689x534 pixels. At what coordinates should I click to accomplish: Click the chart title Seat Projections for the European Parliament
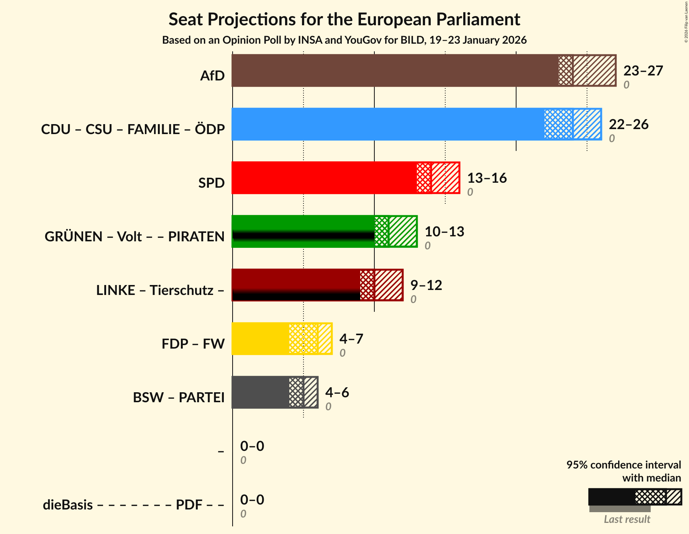[x=344, y=19]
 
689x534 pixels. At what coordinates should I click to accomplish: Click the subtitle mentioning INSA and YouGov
[x=344, y=40]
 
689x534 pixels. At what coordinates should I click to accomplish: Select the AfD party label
[x=212, y=76]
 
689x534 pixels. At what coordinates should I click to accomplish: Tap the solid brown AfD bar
[x=395, y=70]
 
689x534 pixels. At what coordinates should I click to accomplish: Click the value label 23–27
[x=643, y=71]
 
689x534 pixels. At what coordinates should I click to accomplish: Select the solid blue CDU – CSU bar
[x=387, y=124]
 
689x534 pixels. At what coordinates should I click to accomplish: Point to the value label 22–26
[x=628, y=124]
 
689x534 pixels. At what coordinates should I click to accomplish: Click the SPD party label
[x=211, y=183]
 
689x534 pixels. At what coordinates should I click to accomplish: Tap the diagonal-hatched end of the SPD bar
[x=445, y=178]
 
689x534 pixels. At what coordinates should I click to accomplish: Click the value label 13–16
[x=487, y=178]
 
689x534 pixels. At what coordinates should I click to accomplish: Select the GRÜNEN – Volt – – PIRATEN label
[x=135, y=237]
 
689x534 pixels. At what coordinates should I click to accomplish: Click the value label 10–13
[x=444, y=232]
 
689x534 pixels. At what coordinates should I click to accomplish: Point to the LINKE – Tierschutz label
[x=160, y=290]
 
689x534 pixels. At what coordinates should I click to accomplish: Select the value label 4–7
[x=351, y=339]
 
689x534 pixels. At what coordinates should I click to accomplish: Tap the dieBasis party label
[x=68, y=505]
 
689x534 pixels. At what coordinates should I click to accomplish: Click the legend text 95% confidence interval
[x=623, y=465]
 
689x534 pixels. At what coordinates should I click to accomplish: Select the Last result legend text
[x=627, y=519]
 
